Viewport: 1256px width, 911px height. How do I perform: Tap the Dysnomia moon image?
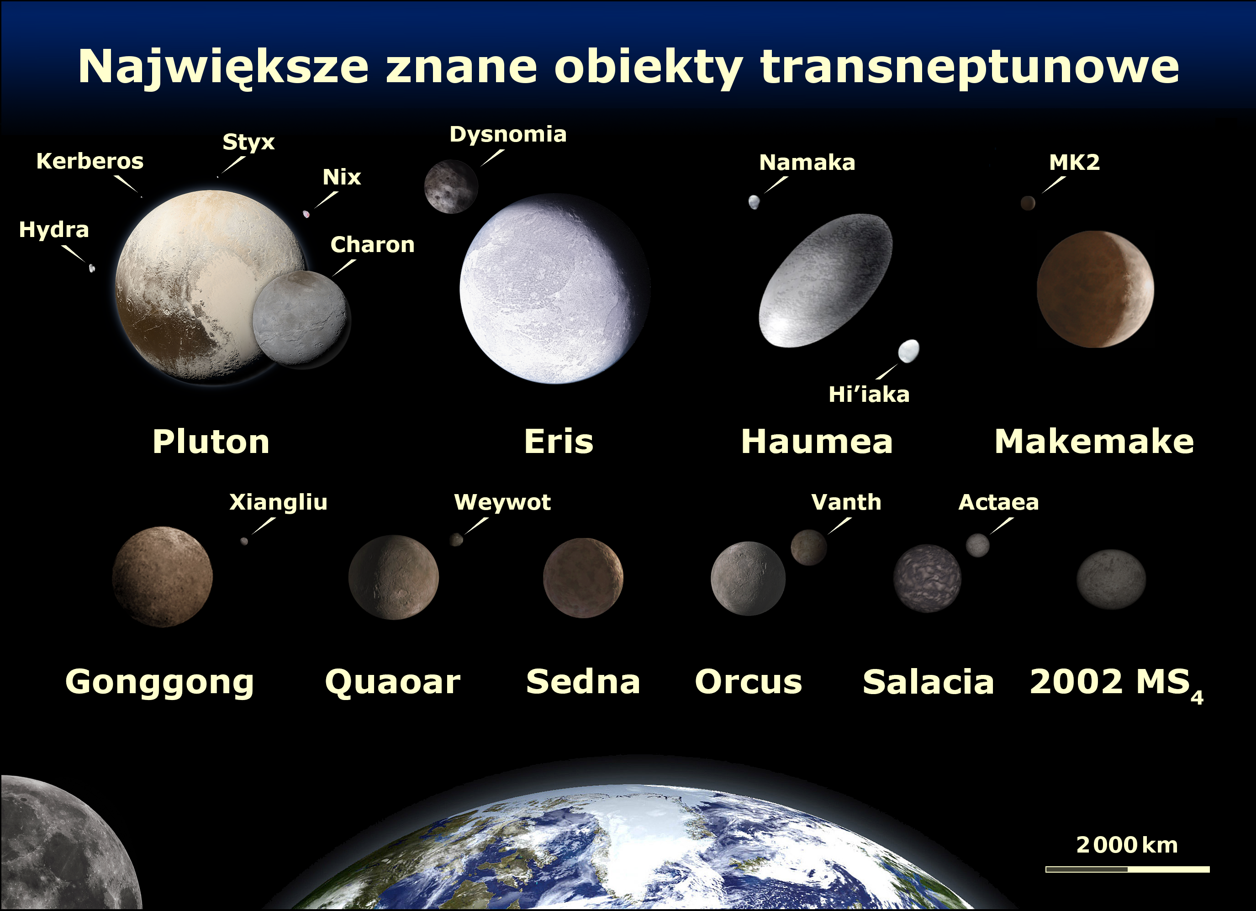pos(451,187)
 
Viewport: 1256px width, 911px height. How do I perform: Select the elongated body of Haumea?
pos(825,280)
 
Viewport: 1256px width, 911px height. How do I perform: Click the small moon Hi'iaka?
pos(908,351)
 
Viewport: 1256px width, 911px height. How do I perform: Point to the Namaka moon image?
pos(754,202)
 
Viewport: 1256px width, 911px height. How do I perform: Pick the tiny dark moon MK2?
pos(1028,203)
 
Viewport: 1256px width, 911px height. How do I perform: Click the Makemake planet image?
pos(1095,289)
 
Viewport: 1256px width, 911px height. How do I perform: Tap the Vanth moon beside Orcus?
pos(808,547)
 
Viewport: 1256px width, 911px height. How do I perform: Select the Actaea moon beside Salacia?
pos(977,545)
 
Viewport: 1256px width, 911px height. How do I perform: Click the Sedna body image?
pos(583,578)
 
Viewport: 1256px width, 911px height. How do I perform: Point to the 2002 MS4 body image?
pos(1111,579)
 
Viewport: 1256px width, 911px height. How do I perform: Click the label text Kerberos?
pos(90,161)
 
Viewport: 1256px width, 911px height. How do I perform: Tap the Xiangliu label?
pos(279,502)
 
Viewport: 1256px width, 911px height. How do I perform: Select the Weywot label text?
pos(502,502)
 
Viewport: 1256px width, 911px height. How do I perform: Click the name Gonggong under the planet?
pos(159,682)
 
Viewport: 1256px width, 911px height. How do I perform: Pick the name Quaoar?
pos(393,682)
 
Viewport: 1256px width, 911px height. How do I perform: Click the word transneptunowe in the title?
pos(970,68)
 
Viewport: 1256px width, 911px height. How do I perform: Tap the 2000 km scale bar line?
pos(1128,869)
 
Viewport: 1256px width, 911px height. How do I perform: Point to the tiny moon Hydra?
pos(92,268)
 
